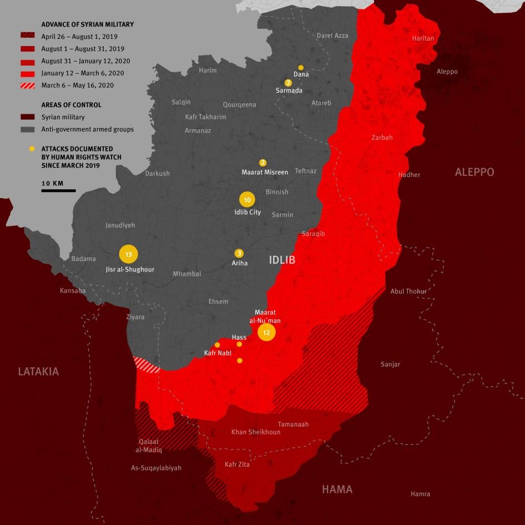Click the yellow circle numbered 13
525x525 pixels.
pyautogui.click(x=128, y=254)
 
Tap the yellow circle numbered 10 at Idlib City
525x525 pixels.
pyautogui.click(x=248, y=200)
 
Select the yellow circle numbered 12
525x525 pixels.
pyautogui.click(x=266, y=332)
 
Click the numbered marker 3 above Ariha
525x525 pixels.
pyautogui.click(x=239, y=253)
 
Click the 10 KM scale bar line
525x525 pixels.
pyautogui.click(x=58, y=190)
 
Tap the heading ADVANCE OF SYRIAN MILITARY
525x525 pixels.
pyautogui.click(x=87, y=25)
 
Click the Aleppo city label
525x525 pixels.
pyautogui.click(x=447, y=72)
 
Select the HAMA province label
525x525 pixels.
pyautogui.click(x=337, y=489)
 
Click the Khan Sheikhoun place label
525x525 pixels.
pyautogui.click(x=255, y=432)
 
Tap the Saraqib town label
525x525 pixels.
pyautogui.click(x=313, y=234)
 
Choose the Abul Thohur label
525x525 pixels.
pyautogui.click(x=408, y=291)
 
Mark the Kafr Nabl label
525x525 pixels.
pyautogui.click(x=217, y=353)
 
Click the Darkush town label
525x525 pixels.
pyautogui.click(x=157, y=174)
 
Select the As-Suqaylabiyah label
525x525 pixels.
pyautogui.click(x=156, y=468)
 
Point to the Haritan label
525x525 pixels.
pyautogui.click(x=423, y=38)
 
